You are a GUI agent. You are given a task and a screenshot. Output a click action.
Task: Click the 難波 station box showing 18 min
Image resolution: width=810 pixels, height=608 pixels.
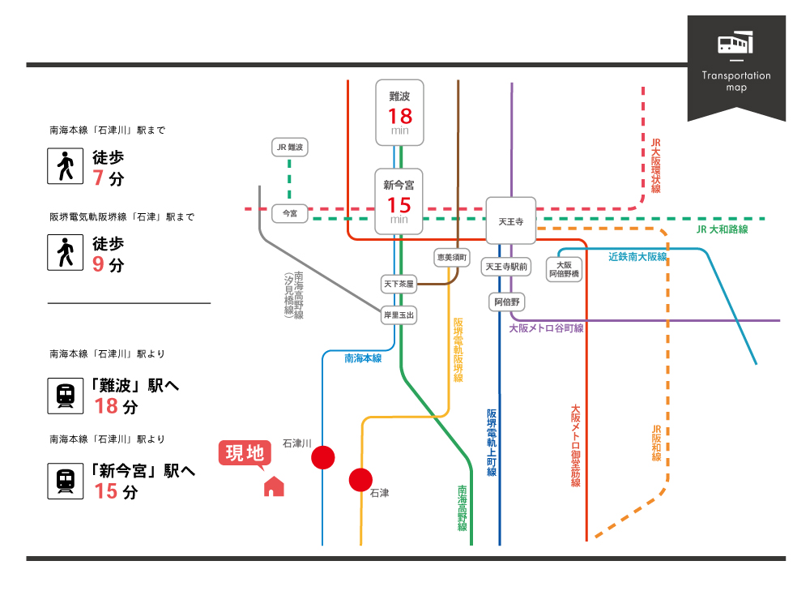point(399,111)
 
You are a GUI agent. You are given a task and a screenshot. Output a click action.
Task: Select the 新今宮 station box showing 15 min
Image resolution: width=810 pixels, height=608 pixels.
point(399,200)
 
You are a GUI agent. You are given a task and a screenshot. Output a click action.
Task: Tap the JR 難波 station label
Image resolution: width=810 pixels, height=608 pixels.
point(289,148)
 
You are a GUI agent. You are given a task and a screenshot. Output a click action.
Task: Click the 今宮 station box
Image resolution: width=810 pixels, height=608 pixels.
point(289,213)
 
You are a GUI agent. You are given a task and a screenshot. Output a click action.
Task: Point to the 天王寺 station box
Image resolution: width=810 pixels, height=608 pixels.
point(510,221)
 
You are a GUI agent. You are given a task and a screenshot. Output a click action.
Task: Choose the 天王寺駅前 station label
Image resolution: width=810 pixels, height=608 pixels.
point(507,267)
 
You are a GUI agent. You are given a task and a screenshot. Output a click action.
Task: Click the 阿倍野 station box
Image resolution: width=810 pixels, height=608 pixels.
point(508,302)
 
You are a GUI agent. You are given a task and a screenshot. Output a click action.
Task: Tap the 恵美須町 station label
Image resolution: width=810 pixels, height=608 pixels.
point(452,257)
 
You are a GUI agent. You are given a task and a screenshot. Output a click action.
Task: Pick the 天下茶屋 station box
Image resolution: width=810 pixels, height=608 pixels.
point(398,284)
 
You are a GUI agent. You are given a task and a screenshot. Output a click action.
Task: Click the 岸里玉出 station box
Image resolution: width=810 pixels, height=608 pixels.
point(399,315)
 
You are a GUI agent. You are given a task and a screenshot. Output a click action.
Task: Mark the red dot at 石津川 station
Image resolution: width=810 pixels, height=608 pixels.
point(323,457)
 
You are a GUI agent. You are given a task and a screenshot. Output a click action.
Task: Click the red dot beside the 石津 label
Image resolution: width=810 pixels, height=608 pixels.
point(360,480)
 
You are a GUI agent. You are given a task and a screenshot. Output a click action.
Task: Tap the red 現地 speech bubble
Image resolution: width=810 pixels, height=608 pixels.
point(244,453)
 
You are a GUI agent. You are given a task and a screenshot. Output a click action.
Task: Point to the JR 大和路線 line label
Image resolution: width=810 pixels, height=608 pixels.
point(722,230)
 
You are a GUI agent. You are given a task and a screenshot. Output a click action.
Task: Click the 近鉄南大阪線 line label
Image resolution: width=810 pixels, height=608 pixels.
point(637,257)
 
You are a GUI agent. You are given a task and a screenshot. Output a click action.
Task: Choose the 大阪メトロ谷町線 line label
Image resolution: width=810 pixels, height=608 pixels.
point(546,328)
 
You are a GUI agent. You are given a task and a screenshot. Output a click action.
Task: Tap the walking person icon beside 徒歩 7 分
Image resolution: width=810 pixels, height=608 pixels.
point(66,167)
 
